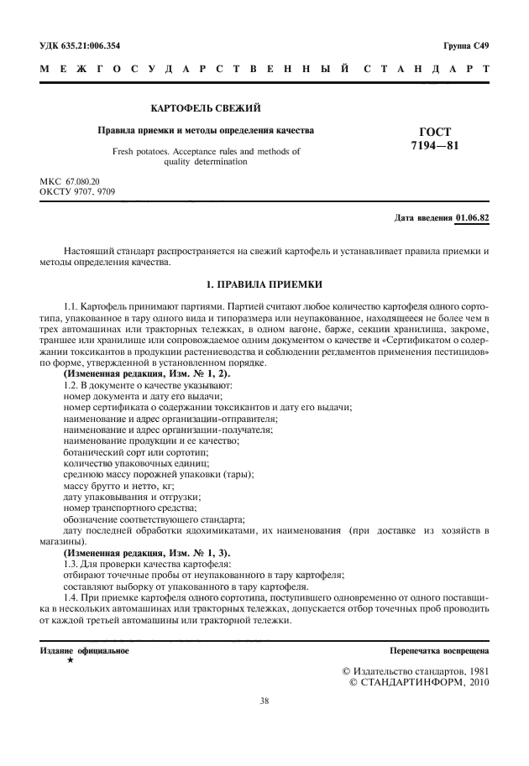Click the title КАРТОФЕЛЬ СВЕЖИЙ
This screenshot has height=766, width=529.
point(206,109)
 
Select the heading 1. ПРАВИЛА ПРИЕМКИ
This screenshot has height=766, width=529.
point(264,285)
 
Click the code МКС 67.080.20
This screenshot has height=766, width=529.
point(70,182)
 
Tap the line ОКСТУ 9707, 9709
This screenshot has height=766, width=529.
point(78,192)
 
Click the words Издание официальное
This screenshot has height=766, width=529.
point(85,651)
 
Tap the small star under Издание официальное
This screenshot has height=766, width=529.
point(70,661)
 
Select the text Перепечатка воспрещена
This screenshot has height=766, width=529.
point(439,651)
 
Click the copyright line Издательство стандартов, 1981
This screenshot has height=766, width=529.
point(416,672)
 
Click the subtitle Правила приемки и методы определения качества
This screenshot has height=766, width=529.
point(206,132)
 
